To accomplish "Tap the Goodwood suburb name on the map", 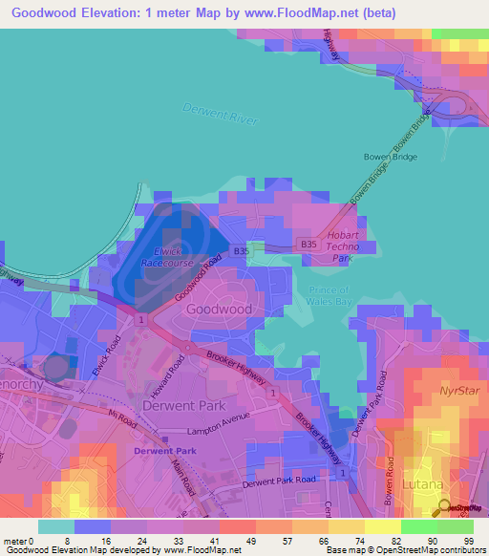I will click(x=220, y=310).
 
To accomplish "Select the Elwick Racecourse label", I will click(x=168, y=257).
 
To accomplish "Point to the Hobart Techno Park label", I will click(x=342, y=246).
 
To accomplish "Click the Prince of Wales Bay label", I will click(x=330, y=296).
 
